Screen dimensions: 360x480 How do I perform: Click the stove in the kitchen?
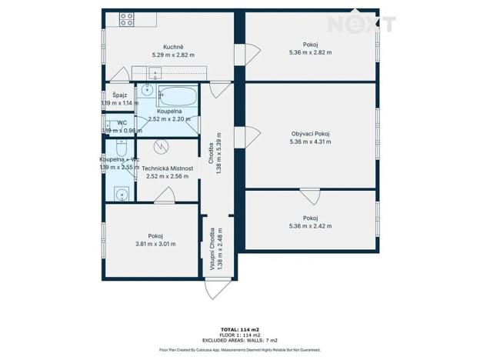pyautogui.click(x=126, y=19)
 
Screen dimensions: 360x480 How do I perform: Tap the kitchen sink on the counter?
pyautogui.click(x=156, y=74)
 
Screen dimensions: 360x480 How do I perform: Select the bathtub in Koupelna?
pyautogui.click(x=178, y=98)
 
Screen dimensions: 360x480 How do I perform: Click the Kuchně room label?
pyautogui.click(x=162, y=46)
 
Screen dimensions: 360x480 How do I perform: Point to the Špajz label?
pyautogui.click(x=119, y=95)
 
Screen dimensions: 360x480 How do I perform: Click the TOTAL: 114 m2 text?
pyautogui.click(x=240, y=329)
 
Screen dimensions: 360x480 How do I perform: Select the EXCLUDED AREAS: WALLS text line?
pyautogui.click(x=240, y=340)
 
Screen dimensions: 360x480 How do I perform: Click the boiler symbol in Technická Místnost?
pyautogui.click(x=161, y=146)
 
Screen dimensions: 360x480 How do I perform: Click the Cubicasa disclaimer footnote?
pyautogui.click(x=240, y=349)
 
